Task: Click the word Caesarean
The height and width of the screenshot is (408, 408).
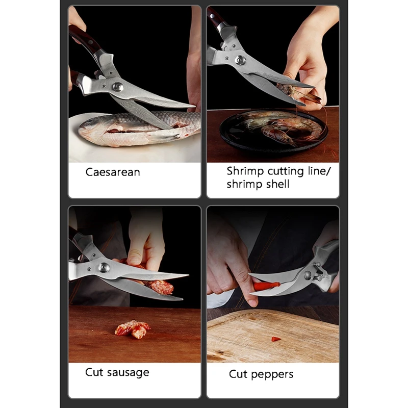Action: tap(113, 172)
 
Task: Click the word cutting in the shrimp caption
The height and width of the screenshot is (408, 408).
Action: tap(286, 171)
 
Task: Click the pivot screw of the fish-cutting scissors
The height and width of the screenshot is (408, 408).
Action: tap(118, 87)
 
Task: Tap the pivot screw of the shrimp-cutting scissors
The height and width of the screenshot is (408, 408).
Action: tap(240, 60)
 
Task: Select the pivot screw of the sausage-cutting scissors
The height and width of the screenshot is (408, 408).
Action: tap(104, 267)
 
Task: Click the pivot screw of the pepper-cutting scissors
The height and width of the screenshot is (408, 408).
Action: tap(308, 275)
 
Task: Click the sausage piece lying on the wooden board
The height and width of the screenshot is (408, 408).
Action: tap(132, 329)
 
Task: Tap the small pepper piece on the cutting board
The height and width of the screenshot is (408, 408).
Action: tap(276, 339)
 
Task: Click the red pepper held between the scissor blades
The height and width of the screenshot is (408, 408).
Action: tap(266, 286)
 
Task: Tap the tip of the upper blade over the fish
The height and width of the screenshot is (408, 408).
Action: tap(195, 106)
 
